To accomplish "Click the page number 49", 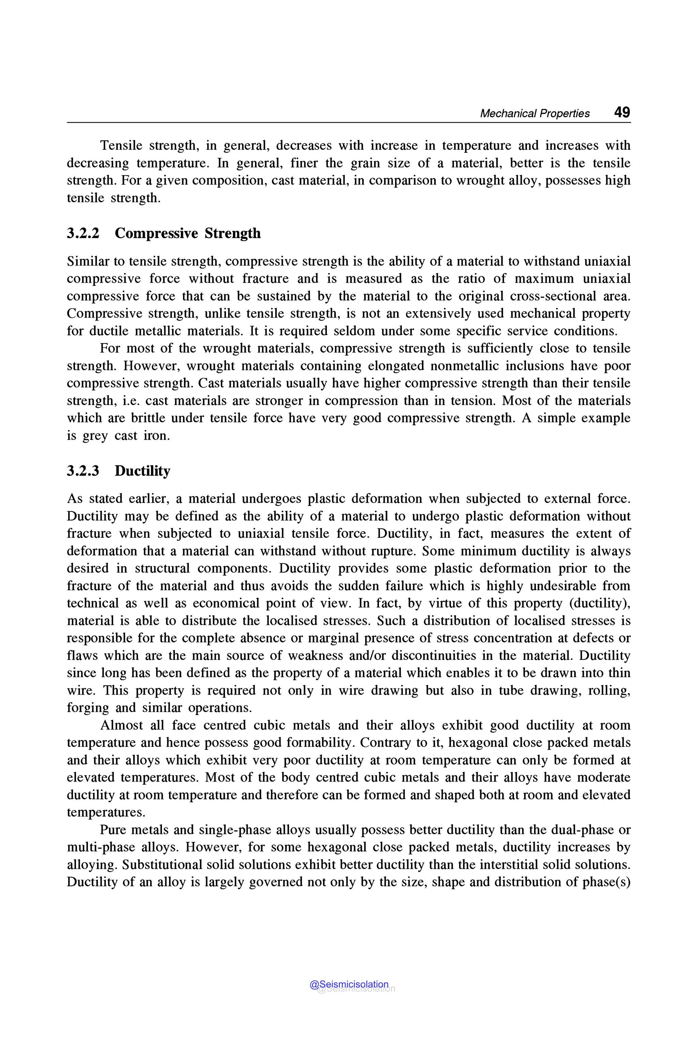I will pyautogui.click(x=622, y=112).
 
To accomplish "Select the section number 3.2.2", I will pyautogui.click(x=83, y=233).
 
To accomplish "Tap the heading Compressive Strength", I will pyautogui.click(x=187, y=233).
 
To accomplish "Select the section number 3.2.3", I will pyautogui.click(x=83, y=471).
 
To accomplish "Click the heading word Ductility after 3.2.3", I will pyautogui.click(x=142, y=471).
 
